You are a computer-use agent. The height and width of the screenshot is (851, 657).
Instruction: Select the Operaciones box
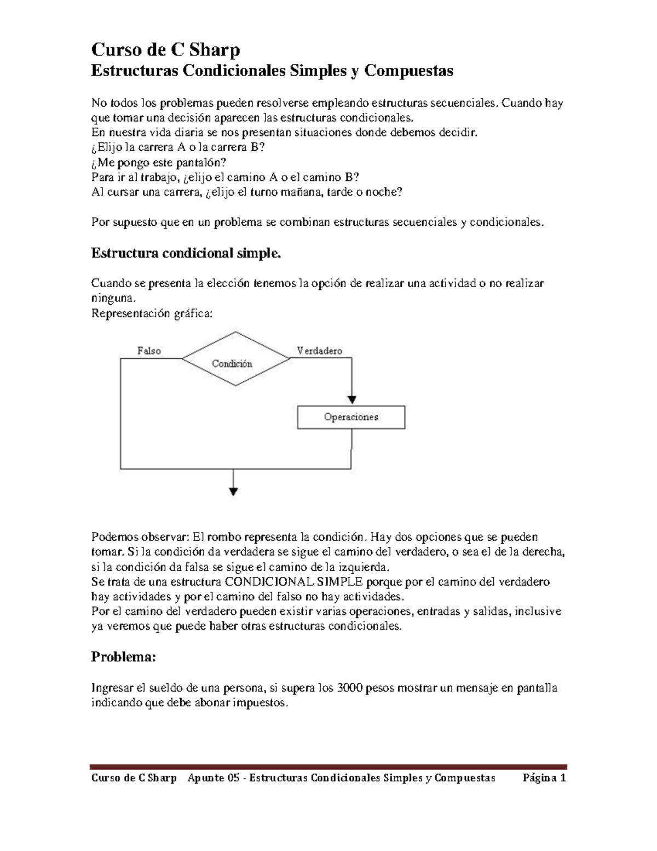pos(351,417)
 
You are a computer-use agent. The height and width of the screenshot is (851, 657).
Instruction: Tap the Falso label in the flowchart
pos(149,351)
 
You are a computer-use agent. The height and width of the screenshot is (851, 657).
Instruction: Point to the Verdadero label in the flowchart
pos(320,351)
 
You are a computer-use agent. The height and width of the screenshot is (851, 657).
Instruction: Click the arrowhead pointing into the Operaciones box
pos(351,400)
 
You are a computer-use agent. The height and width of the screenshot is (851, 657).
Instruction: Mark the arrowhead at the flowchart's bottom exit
pos(234,491)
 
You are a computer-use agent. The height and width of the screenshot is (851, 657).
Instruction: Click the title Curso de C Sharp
pos(165,50)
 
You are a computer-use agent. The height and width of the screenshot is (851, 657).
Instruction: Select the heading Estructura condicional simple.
pos(186,253)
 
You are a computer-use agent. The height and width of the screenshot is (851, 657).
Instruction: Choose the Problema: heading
pos(123,657)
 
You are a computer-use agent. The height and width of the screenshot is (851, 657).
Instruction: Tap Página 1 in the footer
pos(544,778)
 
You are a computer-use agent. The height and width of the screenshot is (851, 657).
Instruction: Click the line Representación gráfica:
pos(151,314)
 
